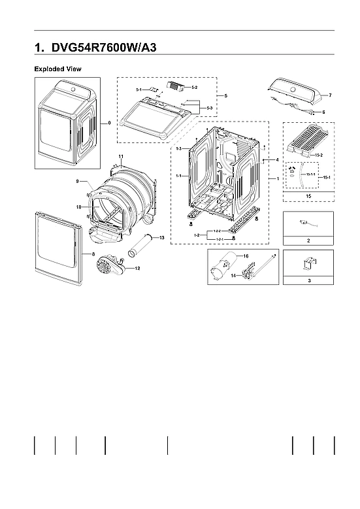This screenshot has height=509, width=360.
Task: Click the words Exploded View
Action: tap(57, 69)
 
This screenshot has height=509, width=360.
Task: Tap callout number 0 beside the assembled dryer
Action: tap(108, 122)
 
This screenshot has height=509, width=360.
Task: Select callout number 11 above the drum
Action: tap(121, 156)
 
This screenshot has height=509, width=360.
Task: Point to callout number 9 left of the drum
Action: tap(77, 181)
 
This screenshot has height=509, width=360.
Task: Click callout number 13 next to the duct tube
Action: tap(161, 237)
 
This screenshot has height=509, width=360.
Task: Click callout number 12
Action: tap(137, 268)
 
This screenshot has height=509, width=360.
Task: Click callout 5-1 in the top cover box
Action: tap(139, 89)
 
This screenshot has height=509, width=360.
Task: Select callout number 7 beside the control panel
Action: tap(330, 95)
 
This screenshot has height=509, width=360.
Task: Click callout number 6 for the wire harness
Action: tap(323, 112)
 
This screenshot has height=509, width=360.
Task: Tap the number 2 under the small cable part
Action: tap(308, 240)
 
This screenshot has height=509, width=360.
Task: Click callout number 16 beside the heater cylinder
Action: tap(247, 256)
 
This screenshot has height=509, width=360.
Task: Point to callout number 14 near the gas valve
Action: tap(233, 276)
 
